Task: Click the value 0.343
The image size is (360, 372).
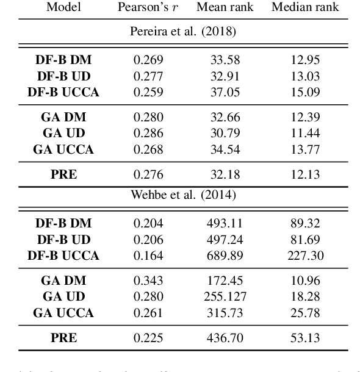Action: pyautogui.click(x=149, y=281)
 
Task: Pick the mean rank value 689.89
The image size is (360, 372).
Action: pyautogui.click(x=223, y=254)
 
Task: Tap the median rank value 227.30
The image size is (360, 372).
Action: pyautogui.click(x=305, y=254)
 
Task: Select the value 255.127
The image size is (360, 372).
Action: pyautogui.click(x=223, y=297)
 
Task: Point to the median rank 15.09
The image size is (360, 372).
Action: pyautogui.click(x=305, y=93)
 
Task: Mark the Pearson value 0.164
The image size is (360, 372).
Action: pyautogui.click(x=149, y=254)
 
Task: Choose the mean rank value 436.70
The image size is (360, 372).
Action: pyautogui.click(x=223, y=337)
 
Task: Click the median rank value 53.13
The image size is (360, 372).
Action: pyautogui.click(x=305, y=337)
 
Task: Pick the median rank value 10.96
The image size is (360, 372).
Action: pyautogui.click(x=305, y=281)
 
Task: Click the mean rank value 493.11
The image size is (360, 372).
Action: pyautogui.click(x=223, y=223)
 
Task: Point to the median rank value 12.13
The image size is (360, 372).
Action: pyautogui.click(x=305, y=175)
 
